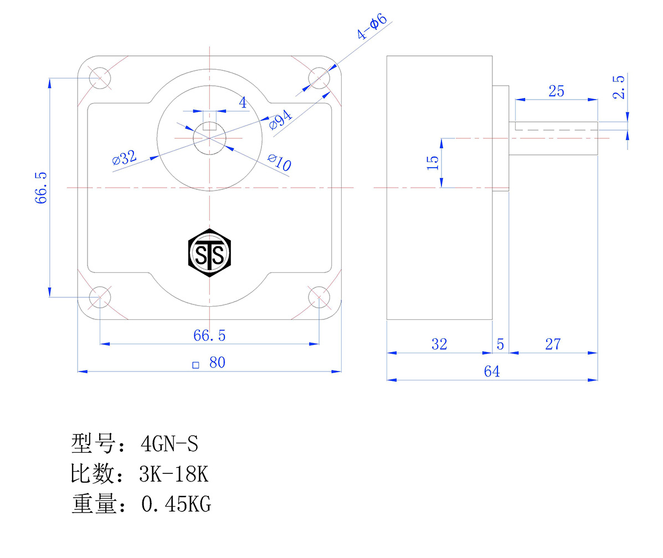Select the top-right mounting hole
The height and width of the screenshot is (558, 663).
[318, 78]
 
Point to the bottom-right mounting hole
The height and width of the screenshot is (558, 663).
[318, 297]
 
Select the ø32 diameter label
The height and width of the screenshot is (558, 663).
[124, 158]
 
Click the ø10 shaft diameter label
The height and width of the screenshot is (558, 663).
[279, 162]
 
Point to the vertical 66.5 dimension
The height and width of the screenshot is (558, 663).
[42, 188]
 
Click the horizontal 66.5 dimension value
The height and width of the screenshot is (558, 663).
[209, 335]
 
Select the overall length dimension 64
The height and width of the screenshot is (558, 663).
[491, 371]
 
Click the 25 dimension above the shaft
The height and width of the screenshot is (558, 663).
[556, 91]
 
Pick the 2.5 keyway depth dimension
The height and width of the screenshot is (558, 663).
[619, 87]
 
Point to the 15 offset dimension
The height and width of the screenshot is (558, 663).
[433, 162]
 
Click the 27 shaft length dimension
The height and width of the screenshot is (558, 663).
[553, 344]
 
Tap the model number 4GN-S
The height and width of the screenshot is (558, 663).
[169, 444]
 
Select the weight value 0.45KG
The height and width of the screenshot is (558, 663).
[176, 504]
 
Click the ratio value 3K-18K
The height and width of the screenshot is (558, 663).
[174, 474]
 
